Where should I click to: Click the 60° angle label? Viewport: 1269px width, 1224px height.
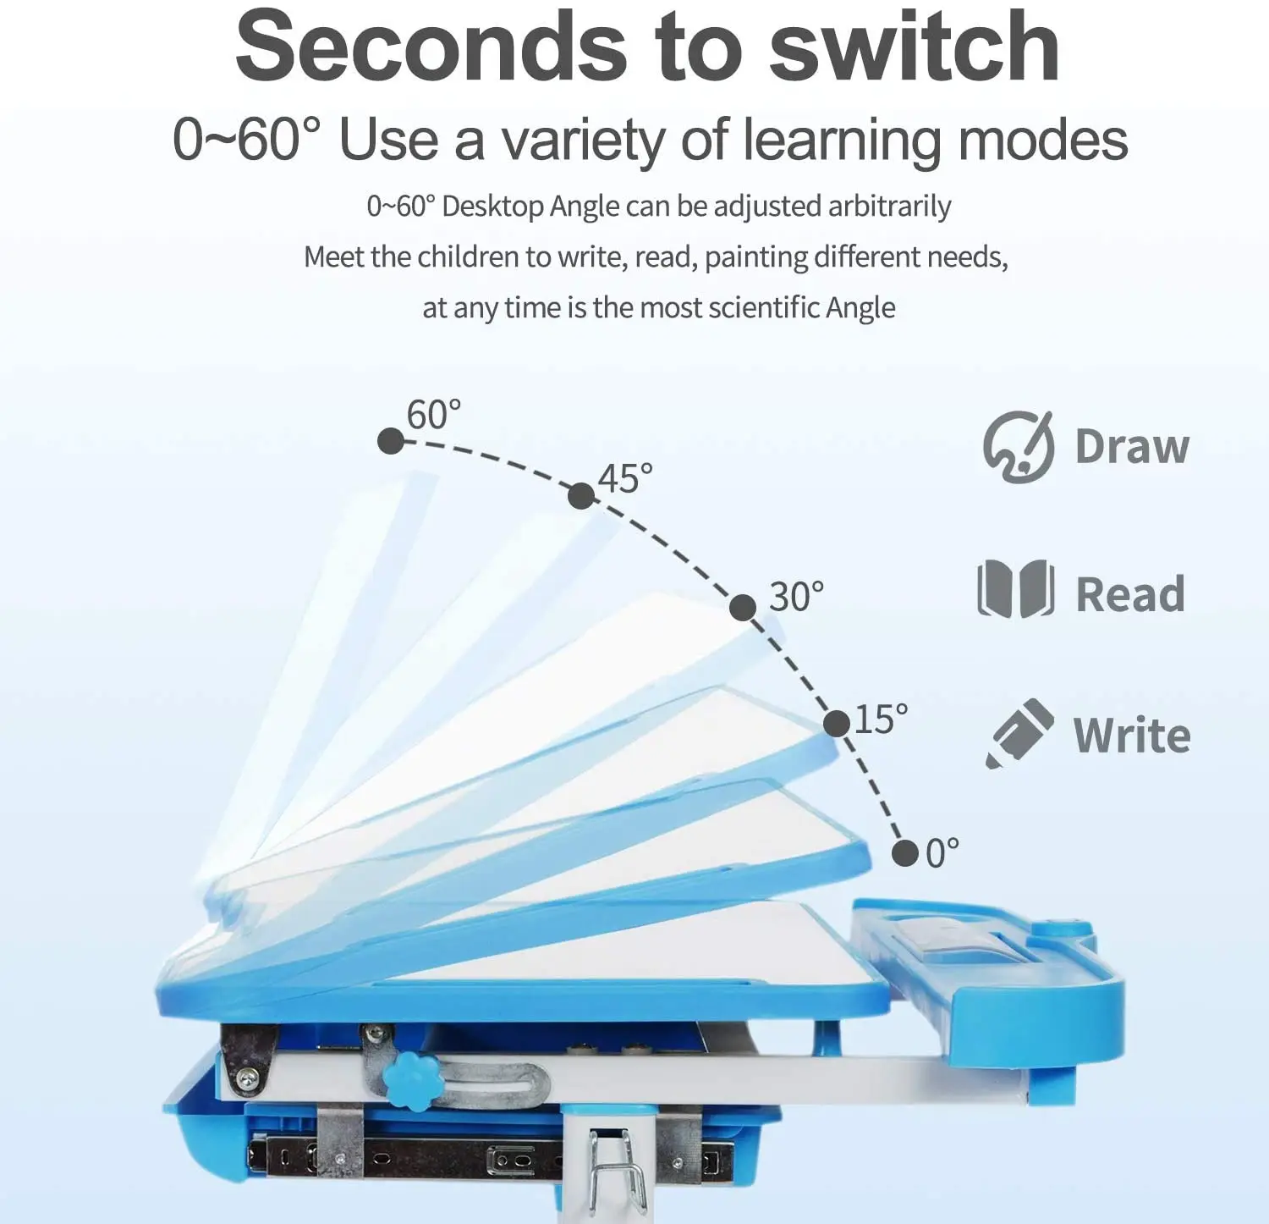tap(434, 415)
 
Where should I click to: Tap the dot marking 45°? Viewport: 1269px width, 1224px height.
tap(581, 496)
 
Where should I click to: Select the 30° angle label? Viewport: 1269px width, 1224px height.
tap(796, 597)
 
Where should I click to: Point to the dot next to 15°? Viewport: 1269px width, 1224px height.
tap(837, 724)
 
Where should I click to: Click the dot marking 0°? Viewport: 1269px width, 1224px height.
tap(905, 853)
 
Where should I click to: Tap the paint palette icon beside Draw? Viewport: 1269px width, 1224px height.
tap(1019, 447)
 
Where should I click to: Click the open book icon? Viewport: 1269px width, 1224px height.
tap(1015, 589)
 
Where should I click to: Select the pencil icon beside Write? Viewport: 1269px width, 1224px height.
tap(1019, 733)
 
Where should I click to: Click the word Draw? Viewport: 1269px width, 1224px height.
tap(1132, 447)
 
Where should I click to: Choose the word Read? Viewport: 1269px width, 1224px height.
tap(1130, 593)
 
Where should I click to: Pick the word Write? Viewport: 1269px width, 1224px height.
tap(1132, 735)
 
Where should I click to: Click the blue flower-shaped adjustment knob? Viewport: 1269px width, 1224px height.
tap(408, 1080)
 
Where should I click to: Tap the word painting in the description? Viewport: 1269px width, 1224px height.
tap(755, 257)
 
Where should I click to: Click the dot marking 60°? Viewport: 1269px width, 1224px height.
tap(391, 441)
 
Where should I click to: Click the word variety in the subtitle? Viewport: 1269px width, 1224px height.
tap(584, 141)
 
